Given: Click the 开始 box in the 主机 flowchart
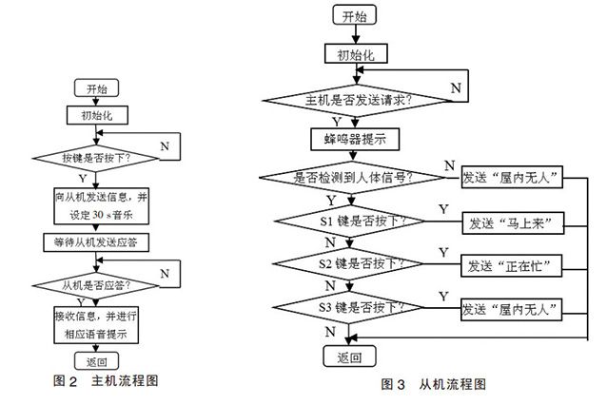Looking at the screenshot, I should coord(96,87).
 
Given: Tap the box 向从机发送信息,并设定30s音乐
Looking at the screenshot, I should coord(97,203).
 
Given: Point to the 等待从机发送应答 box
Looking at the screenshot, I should coord(97,242).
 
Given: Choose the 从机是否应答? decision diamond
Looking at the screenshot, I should coord(96,284).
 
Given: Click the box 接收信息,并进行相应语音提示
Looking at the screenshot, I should coord(96,326).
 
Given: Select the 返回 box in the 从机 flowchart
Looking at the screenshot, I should coord(350,357).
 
